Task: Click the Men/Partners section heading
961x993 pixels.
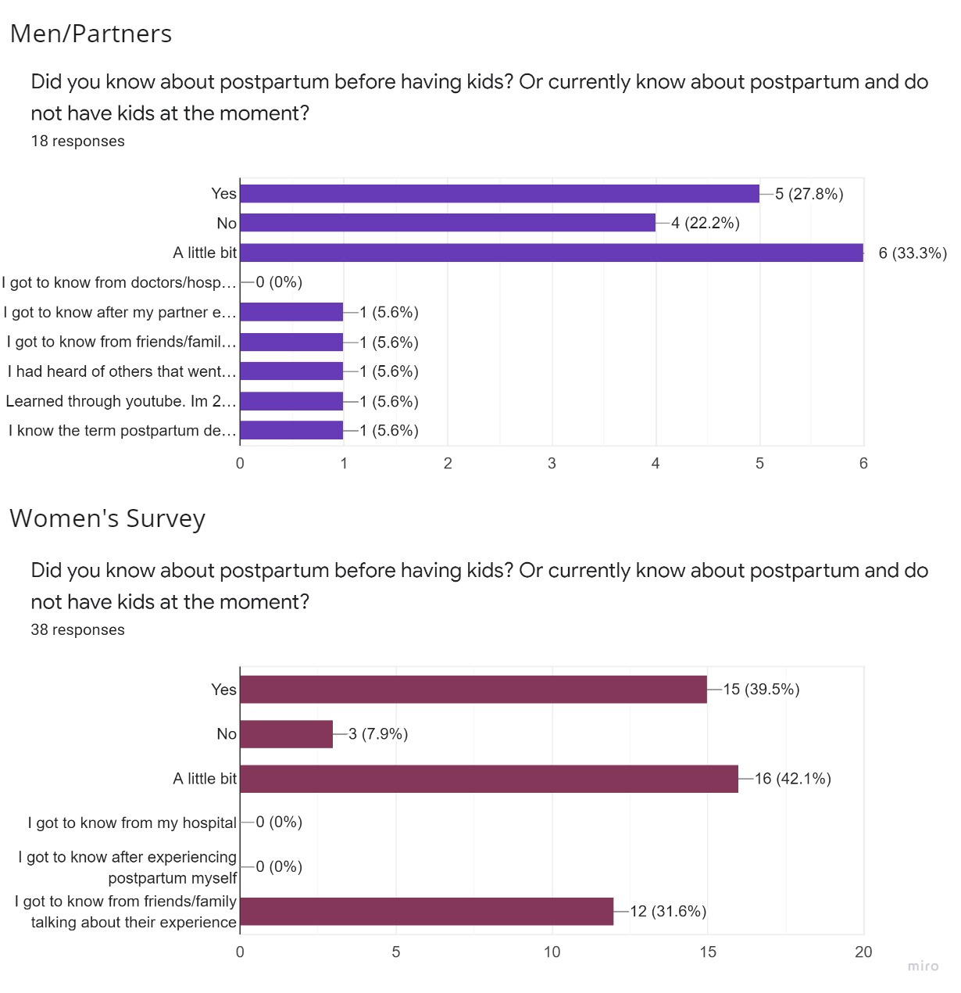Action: point(91,34)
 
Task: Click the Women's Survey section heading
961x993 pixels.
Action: point(107,518)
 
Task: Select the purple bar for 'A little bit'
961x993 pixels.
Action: point(551,253)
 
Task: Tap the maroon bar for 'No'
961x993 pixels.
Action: point(286,734)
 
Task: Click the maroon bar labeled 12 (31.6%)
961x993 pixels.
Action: point(426,912)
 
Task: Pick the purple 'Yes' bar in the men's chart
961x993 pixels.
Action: point(499,193)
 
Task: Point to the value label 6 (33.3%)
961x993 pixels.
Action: point(912,253)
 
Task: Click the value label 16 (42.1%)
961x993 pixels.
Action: point(792,779)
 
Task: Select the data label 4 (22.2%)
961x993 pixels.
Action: point(705,223)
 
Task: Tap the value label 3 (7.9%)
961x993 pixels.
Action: point(378,734)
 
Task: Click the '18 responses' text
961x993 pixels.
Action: point(77,142)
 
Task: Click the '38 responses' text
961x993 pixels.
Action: point(77,630)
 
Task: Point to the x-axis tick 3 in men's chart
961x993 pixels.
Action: point(552,464)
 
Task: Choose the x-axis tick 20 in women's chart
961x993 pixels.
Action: point(863,952)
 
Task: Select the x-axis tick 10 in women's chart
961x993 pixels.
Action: point(552,952)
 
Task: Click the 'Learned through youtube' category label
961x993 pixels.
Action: point(120,401)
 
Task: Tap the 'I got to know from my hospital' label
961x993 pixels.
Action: point(132,823)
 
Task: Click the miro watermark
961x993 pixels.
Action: point(923,966)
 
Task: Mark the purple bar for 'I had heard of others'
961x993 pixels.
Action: point(291,371)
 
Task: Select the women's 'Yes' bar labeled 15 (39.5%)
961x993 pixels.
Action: point(473,690)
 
